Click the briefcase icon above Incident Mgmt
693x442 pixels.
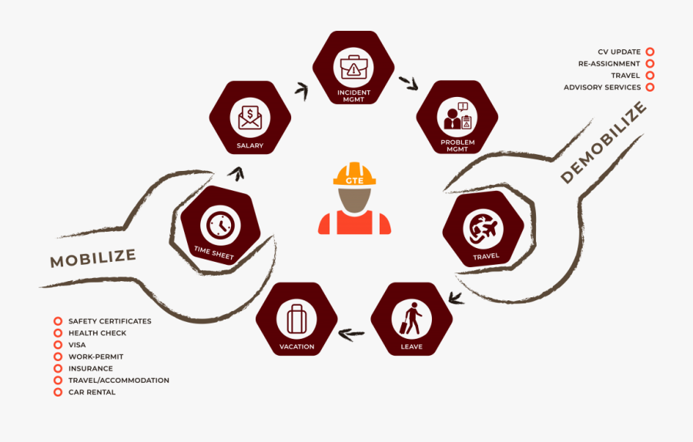(353, 67)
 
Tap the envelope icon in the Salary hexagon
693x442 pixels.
(250, 118)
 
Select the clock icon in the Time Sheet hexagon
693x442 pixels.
(220, 226)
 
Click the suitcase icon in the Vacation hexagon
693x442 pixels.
(296, 319)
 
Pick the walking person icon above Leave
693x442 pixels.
(411, 318)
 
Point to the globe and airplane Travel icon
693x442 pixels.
(483, 229)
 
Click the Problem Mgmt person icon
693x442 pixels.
(457, 117)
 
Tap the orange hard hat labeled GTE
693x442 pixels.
(354, 174)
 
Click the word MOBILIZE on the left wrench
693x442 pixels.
(93, 258)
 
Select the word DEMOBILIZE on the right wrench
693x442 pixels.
(604, 142)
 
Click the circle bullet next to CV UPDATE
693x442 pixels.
(650, 52)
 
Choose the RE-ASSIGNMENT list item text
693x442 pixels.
(609, 64)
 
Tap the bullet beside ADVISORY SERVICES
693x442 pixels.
(650, 87)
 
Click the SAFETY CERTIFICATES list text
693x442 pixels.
(109, 321)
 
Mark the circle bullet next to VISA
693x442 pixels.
(58, 345)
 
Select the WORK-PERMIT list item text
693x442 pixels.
(96, 357)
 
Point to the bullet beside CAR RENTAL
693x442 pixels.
(58, 392)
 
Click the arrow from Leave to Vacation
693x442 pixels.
(352, 335)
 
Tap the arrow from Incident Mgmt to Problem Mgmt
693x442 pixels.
(409, 83)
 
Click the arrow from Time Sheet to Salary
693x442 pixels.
(237, 174)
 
